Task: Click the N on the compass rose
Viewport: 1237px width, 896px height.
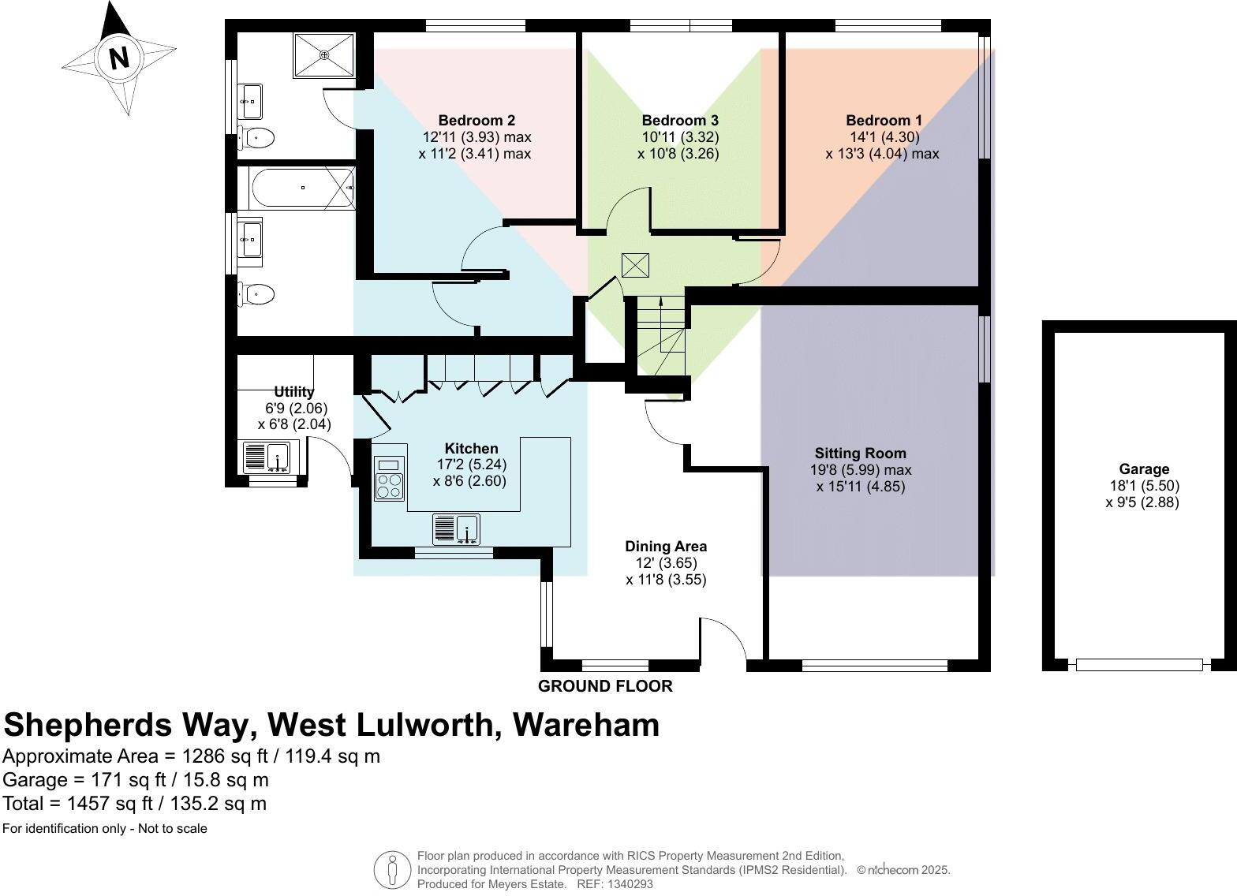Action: [x=118, y=58]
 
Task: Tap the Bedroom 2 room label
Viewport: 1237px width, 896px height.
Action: [x=476, y=121]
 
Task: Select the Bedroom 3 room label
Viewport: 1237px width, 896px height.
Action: [x=679, y=121]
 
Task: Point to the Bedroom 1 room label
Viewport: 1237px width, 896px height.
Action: [x=884, y=121]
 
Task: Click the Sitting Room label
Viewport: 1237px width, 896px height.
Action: [x=860, y=454]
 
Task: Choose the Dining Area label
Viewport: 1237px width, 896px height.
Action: [x=666, y=547]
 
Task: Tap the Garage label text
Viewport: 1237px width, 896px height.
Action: [x=1143, y=469]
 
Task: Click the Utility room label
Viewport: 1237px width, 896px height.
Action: [x=294, y=392]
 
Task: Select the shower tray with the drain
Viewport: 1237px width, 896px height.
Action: [x=325, y=54]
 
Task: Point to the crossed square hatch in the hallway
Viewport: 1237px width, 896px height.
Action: [x=634, y=265]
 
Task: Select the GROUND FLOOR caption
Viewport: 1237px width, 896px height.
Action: [x=605, y=686]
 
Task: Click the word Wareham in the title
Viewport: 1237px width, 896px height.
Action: [x=586, y=724]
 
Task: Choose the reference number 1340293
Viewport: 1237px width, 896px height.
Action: [x=626, y=884]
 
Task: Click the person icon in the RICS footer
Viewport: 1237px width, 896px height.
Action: [x=392, y=870]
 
